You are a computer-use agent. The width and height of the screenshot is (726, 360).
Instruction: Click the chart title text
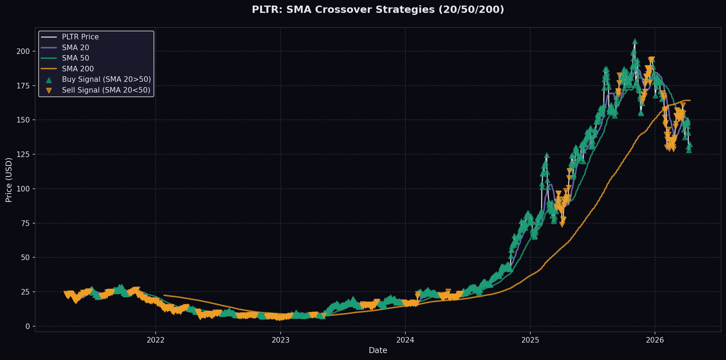[x=378, y=10]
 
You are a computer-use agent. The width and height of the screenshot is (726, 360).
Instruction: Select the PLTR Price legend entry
[x=80, y=37]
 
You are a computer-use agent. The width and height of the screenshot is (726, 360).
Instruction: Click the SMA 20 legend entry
[x=75, y=48]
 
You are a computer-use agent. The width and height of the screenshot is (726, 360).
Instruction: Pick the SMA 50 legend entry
[x=75, y=58]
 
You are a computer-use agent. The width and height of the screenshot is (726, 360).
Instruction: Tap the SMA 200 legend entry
[x=78, y=69]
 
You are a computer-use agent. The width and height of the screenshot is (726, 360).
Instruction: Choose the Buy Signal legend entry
[x=106, y=79]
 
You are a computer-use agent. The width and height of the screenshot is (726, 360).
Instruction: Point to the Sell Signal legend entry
[x=106, y=90]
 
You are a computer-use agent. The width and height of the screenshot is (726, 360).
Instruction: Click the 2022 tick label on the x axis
[x=156, y=340]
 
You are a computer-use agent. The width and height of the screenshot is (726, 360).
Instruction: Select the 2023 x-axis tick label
[x=280, y=340]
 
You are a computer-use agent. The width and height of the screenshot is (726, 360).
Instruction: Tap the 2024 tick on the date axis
[x=405, y=340]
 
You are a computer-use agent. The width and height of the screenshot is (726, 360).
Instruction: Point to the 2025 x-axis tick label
[x=530, y=340]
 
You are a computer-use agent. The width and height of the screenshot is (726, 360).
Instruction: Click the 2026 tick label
[x=655, y=340]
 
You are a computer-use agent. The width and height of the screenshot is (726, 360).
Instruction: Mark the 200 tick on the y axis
[x=24, y=52]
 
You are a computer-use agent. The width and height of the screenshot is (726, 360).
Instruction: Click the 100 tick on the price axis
[x=24, y=189]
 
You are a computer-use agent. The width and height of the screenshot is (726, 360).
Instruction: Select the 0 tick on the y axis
[x=28, y=327]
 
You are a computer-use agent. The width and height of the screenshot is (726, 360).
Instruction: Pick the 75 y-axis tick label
[x=26, y=223]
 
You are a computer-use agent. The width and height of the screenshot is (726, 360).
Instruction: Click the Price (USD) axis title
[x=9, y=180]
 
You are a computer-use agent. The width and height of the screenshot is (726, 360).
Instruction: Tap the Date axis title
[x=378, y=350]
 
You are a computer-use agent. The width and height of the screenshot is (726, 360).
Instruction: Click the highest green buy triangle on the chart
[x=635, y=41]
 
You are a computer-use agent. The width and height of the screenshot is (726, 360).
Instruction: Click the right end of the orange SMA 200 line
[x=690, y=101]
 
